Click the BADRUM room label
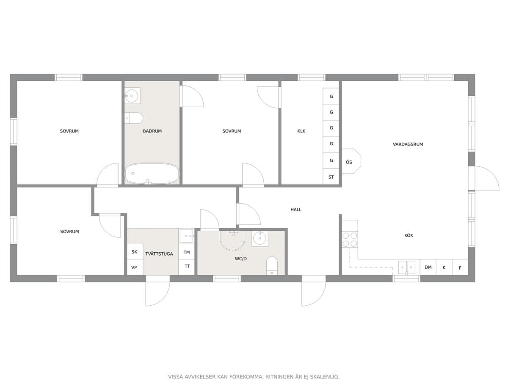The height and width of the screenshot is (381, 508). coord(152,131)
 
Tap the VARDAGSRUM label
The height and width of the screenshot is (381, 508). coord(408,144)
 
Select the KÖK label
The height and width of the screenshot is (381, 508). coord(409,235)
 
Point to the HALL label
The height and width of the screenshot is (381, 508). coord(296,210)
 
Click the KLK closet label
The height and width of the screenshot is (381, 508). coord(301,131)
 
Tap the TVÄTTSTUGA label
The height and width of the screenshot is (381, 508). coord(159,254)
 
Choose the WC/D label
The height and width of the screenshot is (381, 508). coord(241,259)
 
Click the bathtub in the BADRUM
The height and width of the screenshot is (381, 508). coord(152,174)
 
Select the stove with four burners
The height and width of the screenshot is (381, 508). coord(350,240)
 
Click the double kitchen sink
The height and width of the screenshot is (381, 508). coord(407,268)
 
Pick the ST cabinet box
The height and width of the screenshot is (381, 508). coord(331,177)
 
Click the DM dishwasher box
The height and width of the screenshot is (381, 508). coord(428,267)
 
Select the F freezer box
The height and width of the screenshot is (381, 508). coord(460,268)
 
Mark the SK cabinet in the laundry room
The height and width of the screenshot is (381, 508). coord(135,251)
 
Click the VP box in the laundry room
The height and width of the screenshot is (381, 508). coord(135,268)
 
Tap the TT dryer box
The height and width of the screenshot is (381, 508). coord(187,267)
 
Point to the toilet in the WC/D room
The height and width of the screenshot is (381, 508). coord(272,266)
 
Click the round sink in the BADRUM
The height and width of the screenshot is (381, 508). coord(132,96)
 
